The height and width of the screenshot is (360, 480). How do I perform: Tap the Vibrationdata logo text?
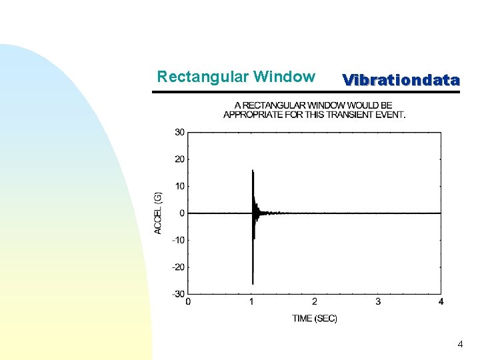click(401, 81)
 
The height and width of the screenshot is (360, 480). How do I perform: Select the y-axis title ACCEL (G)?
click(158, 213)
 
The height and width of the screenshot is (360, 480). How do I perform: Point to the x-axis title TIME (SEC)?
click(315, 319)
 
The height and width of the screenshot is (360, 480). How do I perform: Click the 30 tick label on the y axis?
click(180, 132)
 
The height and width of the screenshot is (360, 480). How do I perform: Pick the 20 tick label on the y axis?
click(180, 159)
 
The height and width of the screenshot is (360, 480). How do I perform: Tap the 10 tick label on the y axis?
click(180, 186)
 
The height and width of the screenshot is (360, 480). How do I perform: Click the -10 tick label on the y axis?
click(179, 240)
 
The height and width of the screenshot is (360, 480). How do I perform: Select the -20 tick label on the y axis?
click(179, 267)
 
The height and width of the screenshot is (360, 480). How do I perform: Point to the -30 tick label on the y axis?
click(179, 294)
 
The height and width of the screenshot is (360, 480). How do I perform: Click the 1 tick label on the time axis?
click(251, 302)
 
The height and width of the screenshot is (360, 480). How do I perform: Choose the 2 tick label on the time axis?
click(315, 302)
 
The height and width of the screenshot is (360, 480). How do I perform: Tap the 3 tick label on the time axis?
click(378, 302)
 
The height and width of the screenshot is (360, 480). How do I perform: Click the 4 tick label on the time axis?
click(441, 302)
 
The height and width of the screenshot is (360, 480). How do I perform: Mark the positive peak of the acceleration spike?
click(253, 171)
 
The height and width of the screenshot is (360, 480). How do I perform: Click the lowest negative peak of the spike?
click(253, 283)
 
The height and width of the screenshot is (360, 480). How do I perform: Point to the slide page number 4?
click(460, 345)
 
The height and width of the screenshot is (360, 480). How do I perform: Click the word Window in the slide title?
click(284, 77)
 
